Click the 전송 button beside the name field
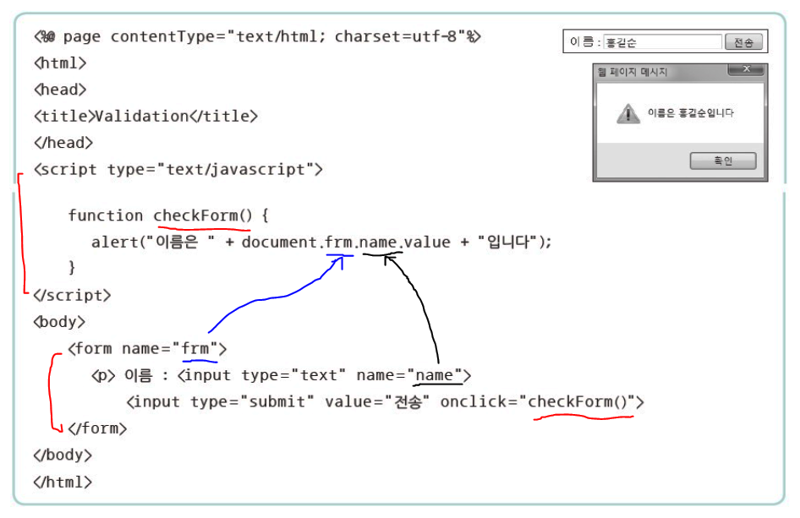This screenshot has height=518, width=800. click(745, 41)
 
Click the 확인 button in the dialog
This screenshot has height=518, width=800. click(722, 161)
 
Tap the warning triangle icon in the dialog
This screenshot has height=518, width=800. click(627, 113)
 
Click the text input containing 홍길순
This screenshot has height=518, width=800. click(662, 41)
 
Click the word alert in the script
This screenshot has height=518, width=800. click(113, 242)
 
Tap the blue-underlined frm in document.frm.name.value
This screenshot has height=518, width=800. click(338, 242)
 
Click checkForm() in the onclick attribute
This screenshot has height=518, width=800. click(582, 401)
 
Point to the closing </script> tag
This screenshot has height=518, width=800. click(72, 295)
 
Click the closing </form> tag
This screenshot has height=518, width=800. click(97, 428)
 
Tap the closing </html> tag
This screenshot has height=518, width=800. click(63, 482)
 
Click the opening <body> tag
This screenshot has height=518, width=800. click(58, 322)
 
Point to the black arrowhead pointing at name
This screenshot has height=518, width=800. click(390, 259)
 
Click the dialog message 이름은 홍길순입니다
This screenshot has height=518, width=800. click(690, 113)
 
